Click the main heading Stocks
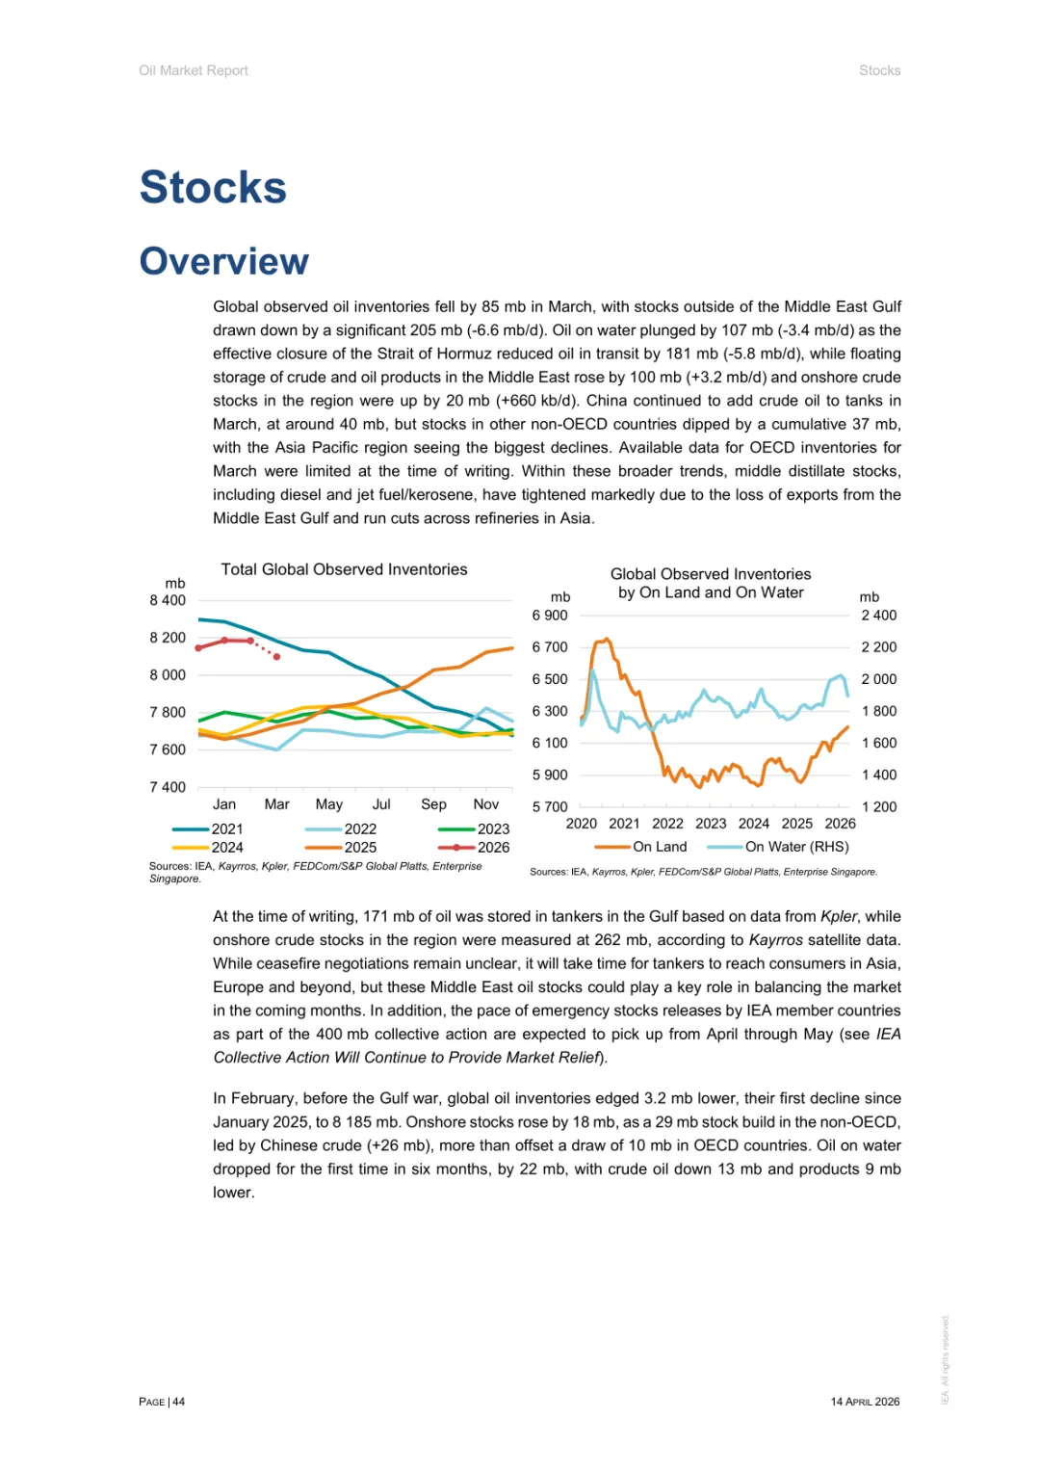[213, 187]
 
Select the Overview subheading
[224, 261]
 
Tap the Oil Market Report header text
[194, 70]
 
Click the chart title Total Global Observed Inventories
[344, 569]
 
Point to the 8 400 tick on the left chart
[168, 600]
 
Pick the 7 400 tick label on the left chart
[168, 787]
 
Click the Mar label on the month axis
[276, 804]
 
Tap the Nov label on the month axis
[485, 804]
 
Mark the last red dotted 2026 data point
[277, 657]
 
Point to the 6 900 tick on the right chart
[550, 616]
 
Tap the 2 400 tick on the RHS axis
[878, 616]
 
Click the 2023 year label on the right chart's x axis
[711, 824]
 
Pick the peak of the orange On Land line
[606, 639]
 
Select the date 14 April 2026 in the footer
[865, 1402]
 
